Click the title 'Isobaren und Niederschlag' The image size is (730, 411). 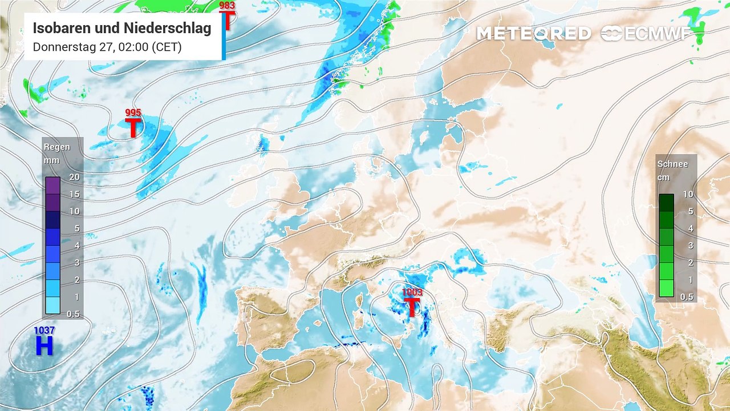(122, 29)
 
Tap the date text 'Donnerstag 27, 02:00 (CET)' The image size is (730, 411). (107, 47)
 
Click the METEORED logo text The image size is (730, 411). (533, 34)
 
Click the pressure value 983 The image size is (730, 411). (227, 6)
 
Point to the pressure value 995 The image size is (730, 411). (133, 113)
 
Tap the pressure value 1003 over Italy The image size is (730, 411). (412, 292)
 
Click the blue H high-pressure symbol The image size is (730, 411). (44, 345)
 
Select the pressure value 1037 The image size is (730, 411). (44, 331)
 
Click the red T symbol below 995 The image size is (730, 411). (133, 128)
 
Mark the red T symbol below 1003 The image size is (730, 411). (412, 307)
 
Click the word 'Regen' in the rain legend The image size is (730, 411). (57, 147)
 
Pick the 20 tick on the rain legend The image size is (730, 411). (74, 177)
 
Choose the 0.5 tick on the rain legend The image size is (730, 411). (74, 314)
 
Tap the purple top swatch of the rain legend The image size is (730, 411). (52, 186)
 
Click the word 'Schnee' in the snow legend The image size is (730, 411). (672, 164)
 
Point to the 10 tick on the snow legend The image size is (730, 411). (688, 194)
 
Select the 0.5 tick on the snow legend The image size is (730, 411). (687, 297)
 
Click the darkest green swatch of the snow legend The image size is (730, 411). (666, 203)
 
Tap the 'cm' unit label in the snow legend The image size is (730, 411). (664, 177)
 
